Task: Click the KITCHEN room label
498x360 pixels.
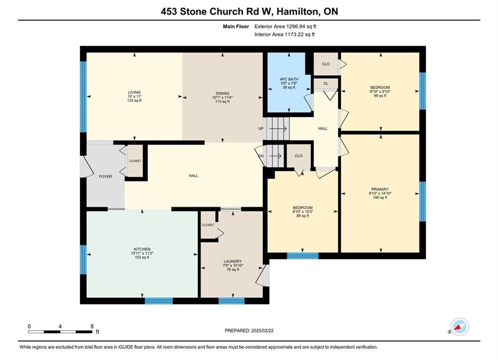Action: [x=142, y=249]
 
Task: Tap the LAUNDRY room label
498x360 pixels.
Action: [x=233, y=261]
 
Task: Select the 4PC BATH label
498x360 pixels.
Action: [x=289, y=79]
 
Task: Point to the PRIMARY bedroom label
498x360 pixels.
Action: [x=380, y=189]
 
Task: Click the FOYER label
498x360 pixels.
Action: [x=106, y=176]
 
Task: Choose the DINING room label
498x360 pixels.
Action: [x=222, y=93]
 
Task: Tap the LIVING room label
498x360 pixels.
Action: [x=134, y=92]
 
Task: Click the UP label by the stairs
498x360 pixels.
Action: [x=261, y=129]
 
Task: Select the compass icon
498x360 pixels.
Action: [x=459, y=326]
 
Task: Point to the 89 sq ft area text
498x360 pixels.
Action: [x=303, y=215]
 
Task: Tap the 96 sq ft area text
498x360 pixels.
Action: [x=380, y=95]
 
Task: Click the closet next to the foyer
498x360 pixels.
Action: [x=135, y=161]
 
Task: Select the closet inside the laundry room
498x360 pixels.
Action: [x=208, y=225]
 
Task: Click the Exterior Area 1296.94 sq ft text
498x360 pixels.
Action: [x=285, y=26]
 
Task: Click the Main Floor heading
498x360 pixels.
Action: [x=236, y=26]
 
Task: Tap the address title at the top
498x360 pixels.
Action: [x=249, y=11]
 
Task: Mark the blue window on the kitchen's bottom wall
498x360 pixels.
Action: [x=159, y=300]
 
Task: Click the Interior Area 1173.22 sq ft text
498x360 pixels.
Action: [x=285, y=34]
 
